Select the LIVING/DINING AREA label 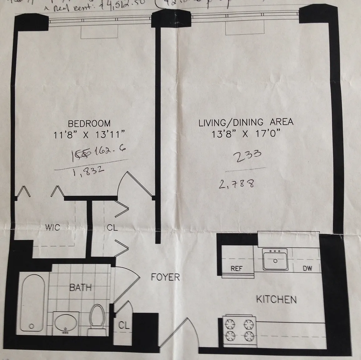point(246,122)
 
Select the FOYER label point(165,277)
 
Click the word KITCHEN point(276,299)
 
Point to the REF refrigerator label point(236,269)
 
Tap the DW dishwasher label point(307,269)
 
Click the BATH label point(80,287)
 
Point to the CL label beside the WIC point(112,227)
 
